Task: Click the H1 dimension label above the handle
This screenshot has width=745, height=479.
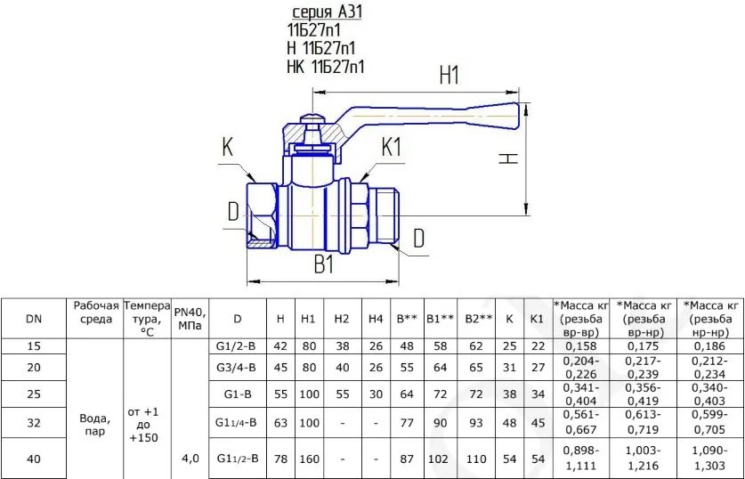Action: click(x=449, y=75)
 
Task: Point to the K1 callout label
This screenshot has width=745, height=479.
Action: click(x=392, y=148)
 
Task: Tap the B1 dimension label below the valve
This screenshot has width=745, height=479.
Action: click(x=324, y=264)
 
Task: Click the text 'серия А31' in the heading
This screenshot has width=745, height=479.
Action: click(x=327, y=12)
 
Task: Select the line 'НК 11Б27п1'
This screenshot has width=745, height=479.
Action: click(x=326, y=67)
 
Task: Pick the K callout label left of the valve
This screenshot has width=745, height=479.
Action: click(x=228, y=148)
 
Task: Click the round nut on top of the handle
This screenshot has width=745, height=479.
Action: click(x=312, y=117)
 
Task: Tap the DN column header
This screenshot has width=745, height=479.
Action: click(x=34, y=319)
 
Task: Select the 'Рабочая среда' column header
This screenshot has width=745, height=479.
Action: click(x=95, y=312)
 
